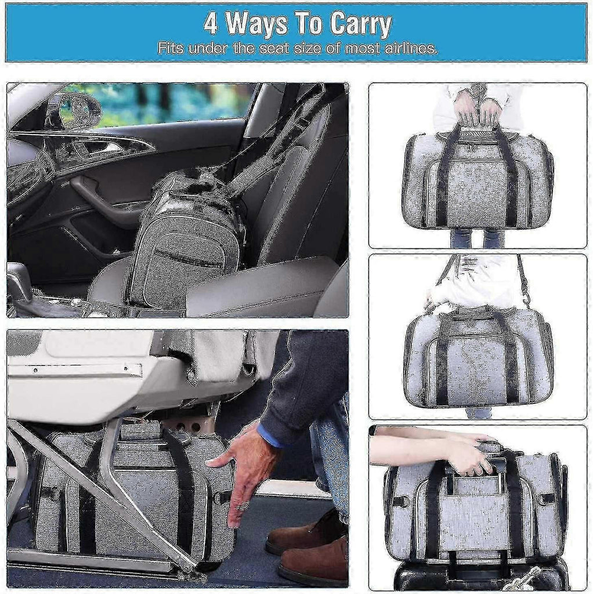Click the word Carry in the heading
(360, 24)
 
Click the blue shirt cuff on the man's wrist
(270, 435)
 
